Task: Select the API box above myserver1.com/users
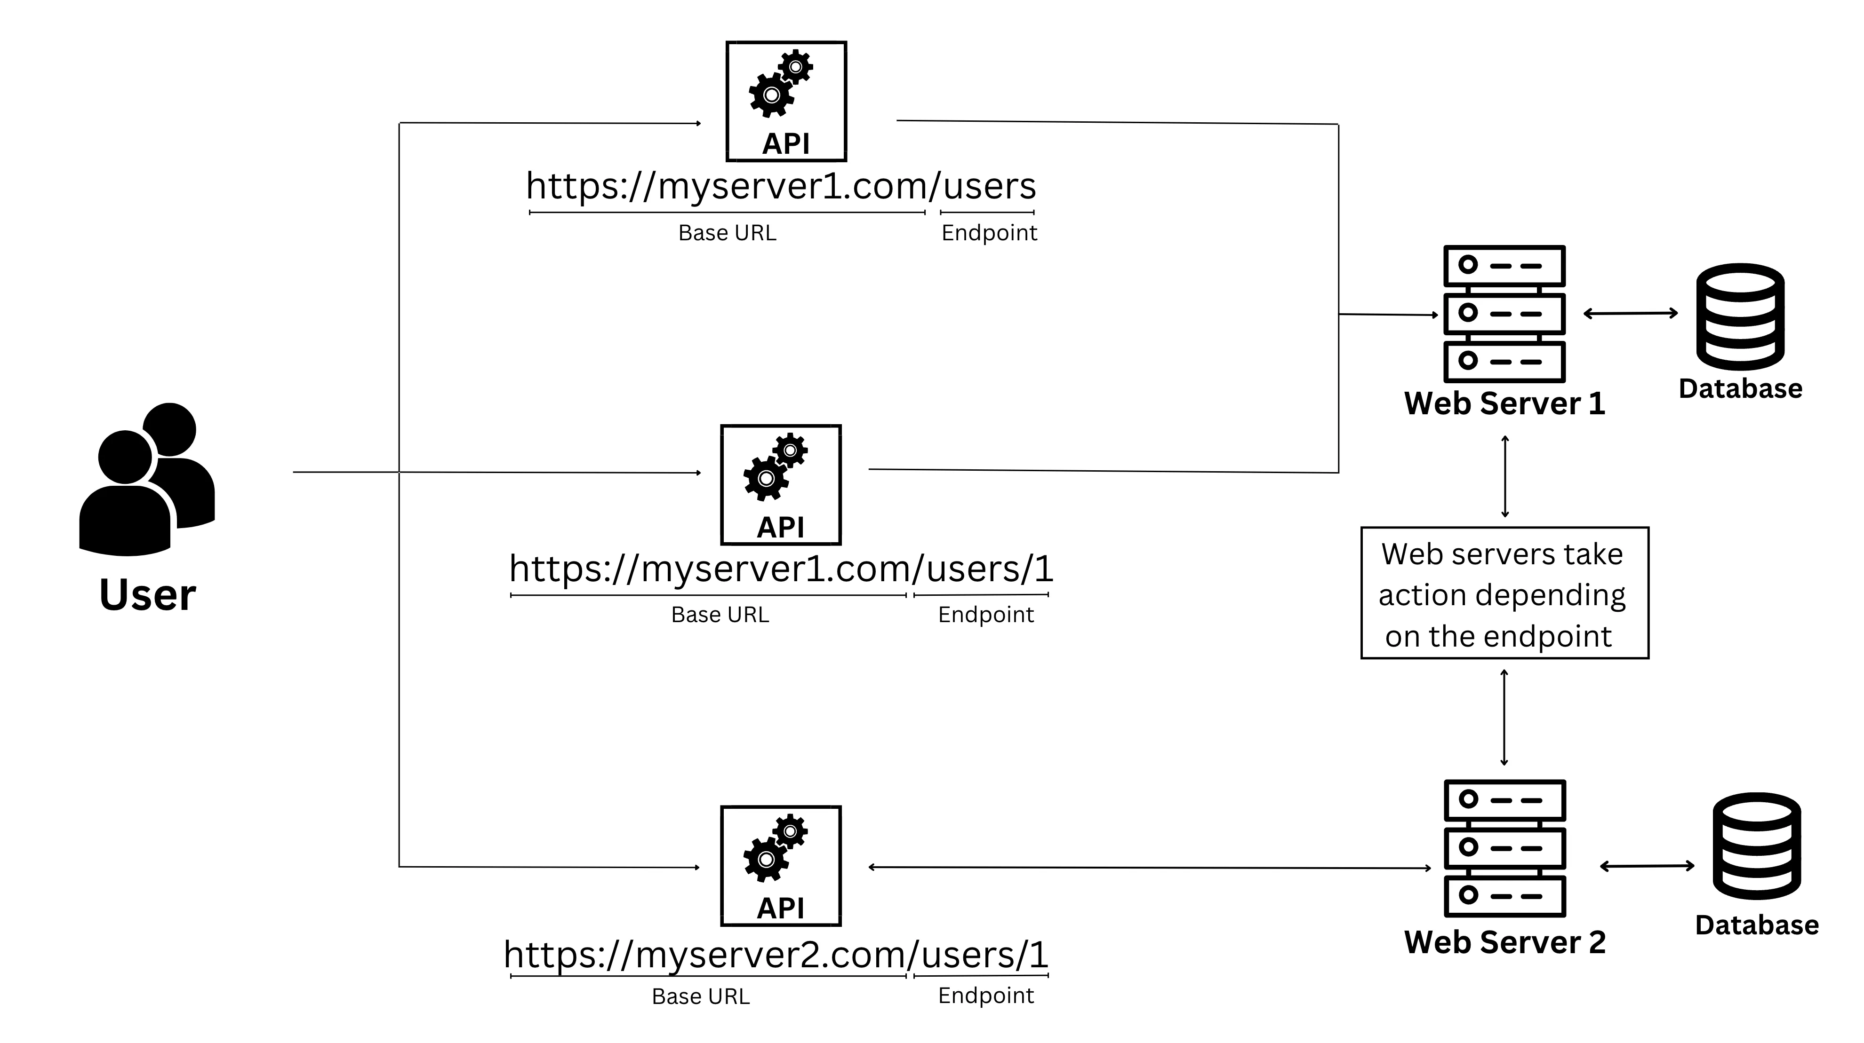pos(786,101)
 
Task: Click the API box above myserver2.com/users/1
pos(781,866)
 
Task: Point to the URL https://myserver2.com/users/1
pos(776,954)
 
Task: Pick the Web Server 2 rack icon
pos(1504,848)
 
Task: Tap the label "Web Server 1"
pos(1504,403)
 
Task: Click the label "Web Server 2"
pos(1504,942)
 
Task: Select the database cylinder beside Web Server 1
pos(1740,317)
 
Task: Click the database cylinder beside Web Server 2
pos(1756,846)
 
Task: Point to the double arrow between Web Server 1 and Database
pos(1630,313)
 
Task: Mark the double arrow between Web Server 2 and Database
pos(1647,866)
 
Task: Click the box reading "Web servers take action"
pos(1504,593)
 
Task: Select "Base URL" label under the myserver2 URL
pos(700,997)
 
